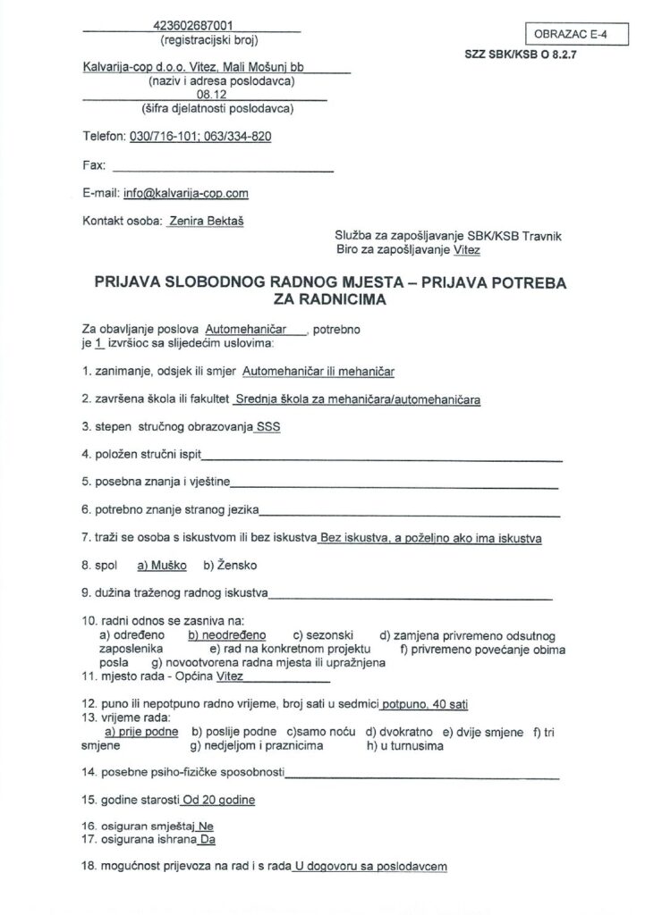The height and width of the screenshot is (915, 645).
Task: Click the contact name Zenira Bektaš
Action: [x=198, y=219]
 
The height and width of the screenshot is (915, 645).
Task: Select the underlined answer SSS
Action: [x=267, y=427]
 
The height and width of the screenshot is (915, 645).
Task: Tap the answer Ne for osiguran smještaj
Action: [x=207, y=827]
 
